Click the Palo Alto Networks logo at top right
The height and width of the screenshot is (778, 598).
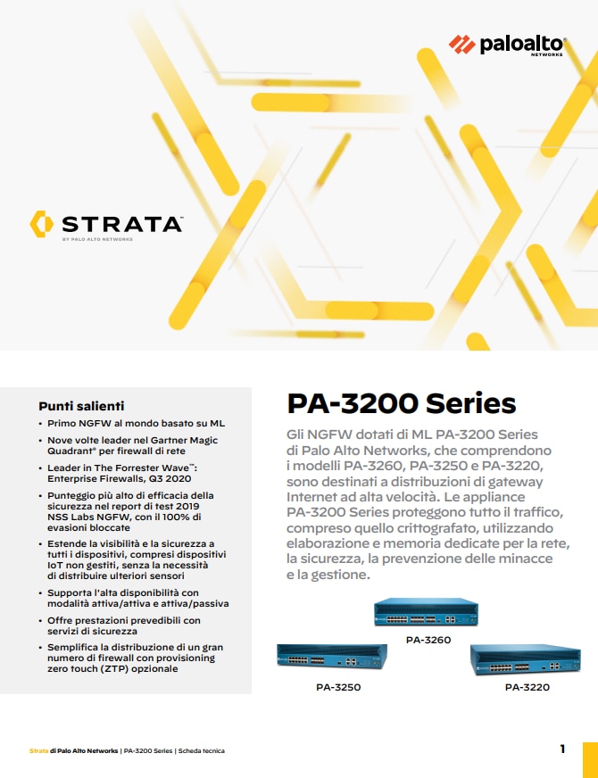click(x=506, y=44)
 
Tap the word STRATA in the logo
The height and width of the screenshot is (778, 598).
click(x=122, y=223)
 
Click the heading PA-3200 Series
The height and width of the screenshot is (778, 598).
click(x=401, y=403)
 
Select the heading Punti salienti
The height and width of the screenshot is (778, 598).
click(x=81, y=405)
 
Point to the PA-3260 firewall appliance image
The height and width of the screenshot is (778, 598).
click(x=428, y=613)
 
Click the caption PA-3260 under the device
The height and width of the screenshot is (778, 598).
click(x=428, y=640)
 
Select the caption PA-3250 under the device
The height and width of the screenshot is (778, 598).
click(x=338, y=688)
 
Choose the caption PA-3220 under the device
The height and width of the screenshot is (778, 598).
click(x=527, y=688)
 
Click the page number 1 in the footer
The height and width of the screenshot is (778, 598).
click(x=562, y=749)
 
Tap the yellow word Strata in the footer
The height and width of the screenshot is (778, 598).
click(x=38, y=750)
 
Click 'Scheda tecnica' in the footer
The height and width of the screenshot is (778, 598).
click(x=202, y=750)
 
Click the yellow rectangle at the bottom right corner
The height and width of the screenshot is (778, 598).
click(x=589, y=758)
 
